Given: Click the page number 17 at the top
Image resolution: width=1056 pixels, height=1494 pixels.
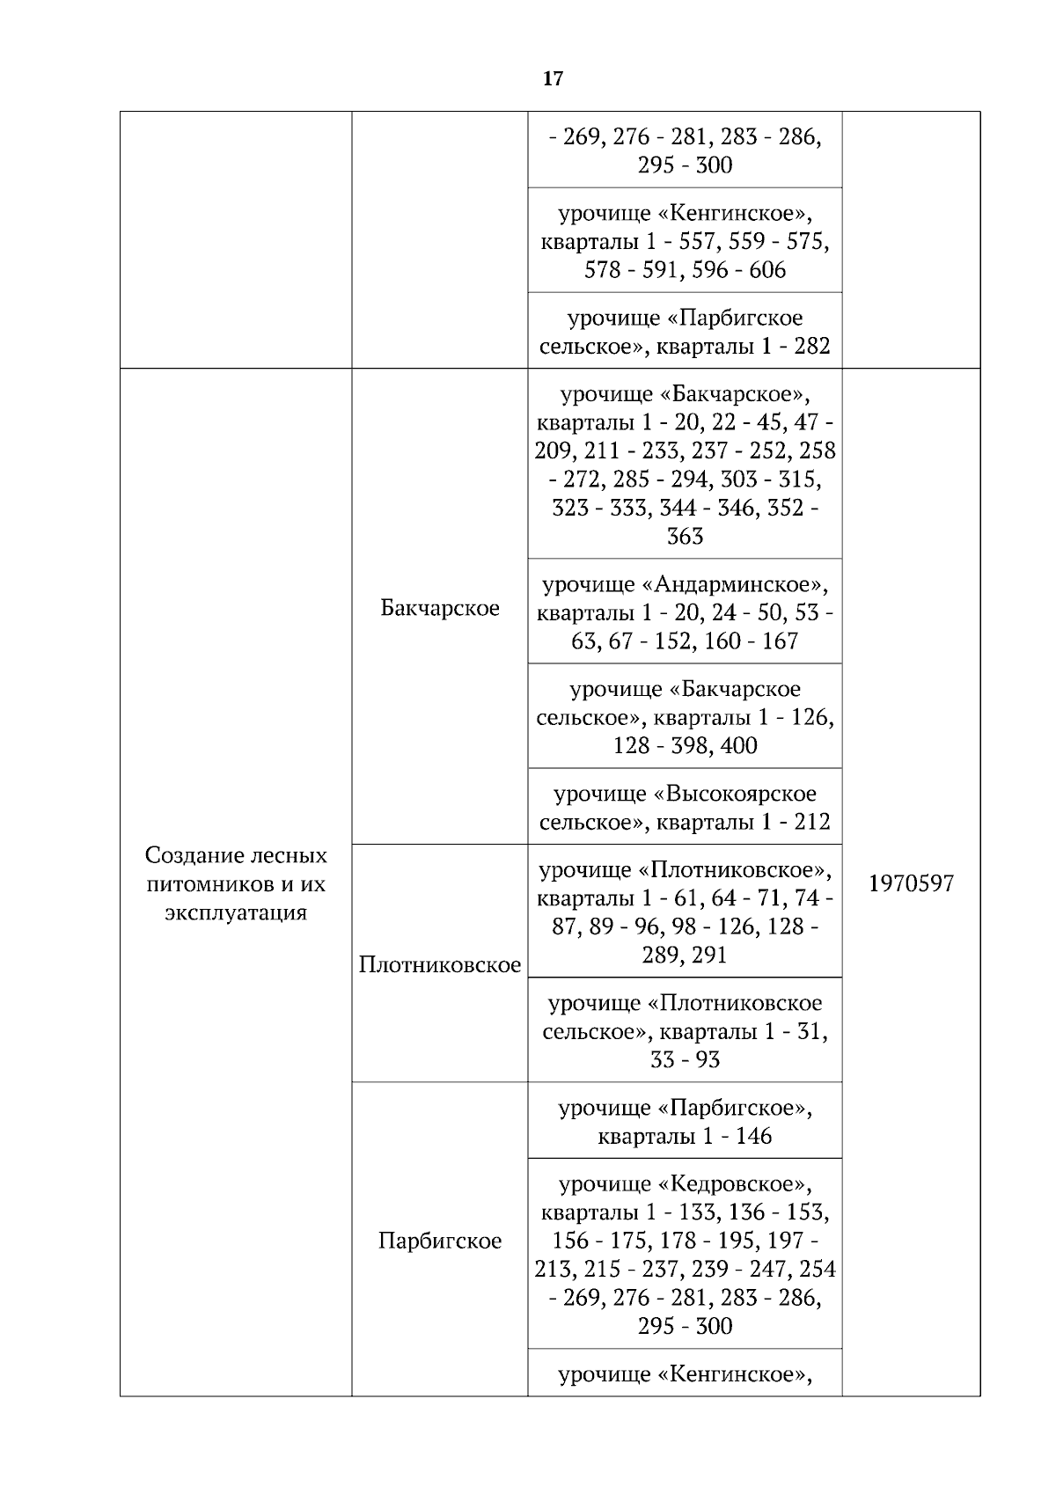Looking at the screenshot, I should tap(553, 79).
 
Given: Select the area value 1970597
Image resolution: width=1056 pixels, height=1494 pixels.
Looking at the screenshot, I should tap(911, 884).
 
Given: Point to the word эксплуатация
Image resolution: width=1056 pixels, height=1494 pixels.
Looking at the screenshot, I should tap(236, 912).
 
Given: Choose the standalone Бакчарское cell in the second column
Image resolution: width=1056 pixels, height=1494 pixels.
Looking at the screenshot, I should tap(440, 608).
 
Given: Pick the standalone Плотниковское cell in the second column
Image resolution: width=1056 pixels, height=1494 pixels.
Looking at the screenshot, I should tap(440, 965).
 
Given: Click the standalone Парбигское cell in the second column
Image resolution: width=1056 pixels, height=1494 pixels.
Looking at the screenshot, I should tap(440, 1241).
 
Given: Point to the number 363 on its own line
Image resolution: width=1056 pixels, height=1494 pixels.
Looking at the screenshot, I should tap(685, 537).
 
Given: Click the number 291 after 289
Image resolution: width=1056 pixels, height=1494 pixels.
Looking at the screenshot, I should tap(709, 956).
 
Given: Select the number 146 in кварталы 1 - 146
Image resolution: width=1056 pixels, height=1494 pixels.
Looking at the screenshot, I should tap(753, 1137).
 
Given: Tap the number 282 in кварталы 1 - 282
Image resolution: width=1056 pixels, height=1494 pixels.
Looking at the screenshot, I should tap(811, 347).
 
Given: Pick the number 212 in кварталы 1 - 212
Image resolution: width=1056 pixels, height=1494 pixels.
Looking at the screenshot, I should tap(811, 823).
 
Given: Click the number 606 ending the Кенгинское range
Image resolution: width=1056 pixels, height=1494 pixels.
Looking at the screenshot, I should tap(767, 270).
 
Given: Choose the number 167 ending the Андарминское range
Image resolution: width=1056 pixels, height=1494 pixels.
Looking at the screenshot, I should tap(780, 641).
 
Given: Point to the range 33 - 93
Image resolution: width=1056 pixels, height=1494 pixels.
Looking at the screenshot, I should tap(685, 1060).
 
